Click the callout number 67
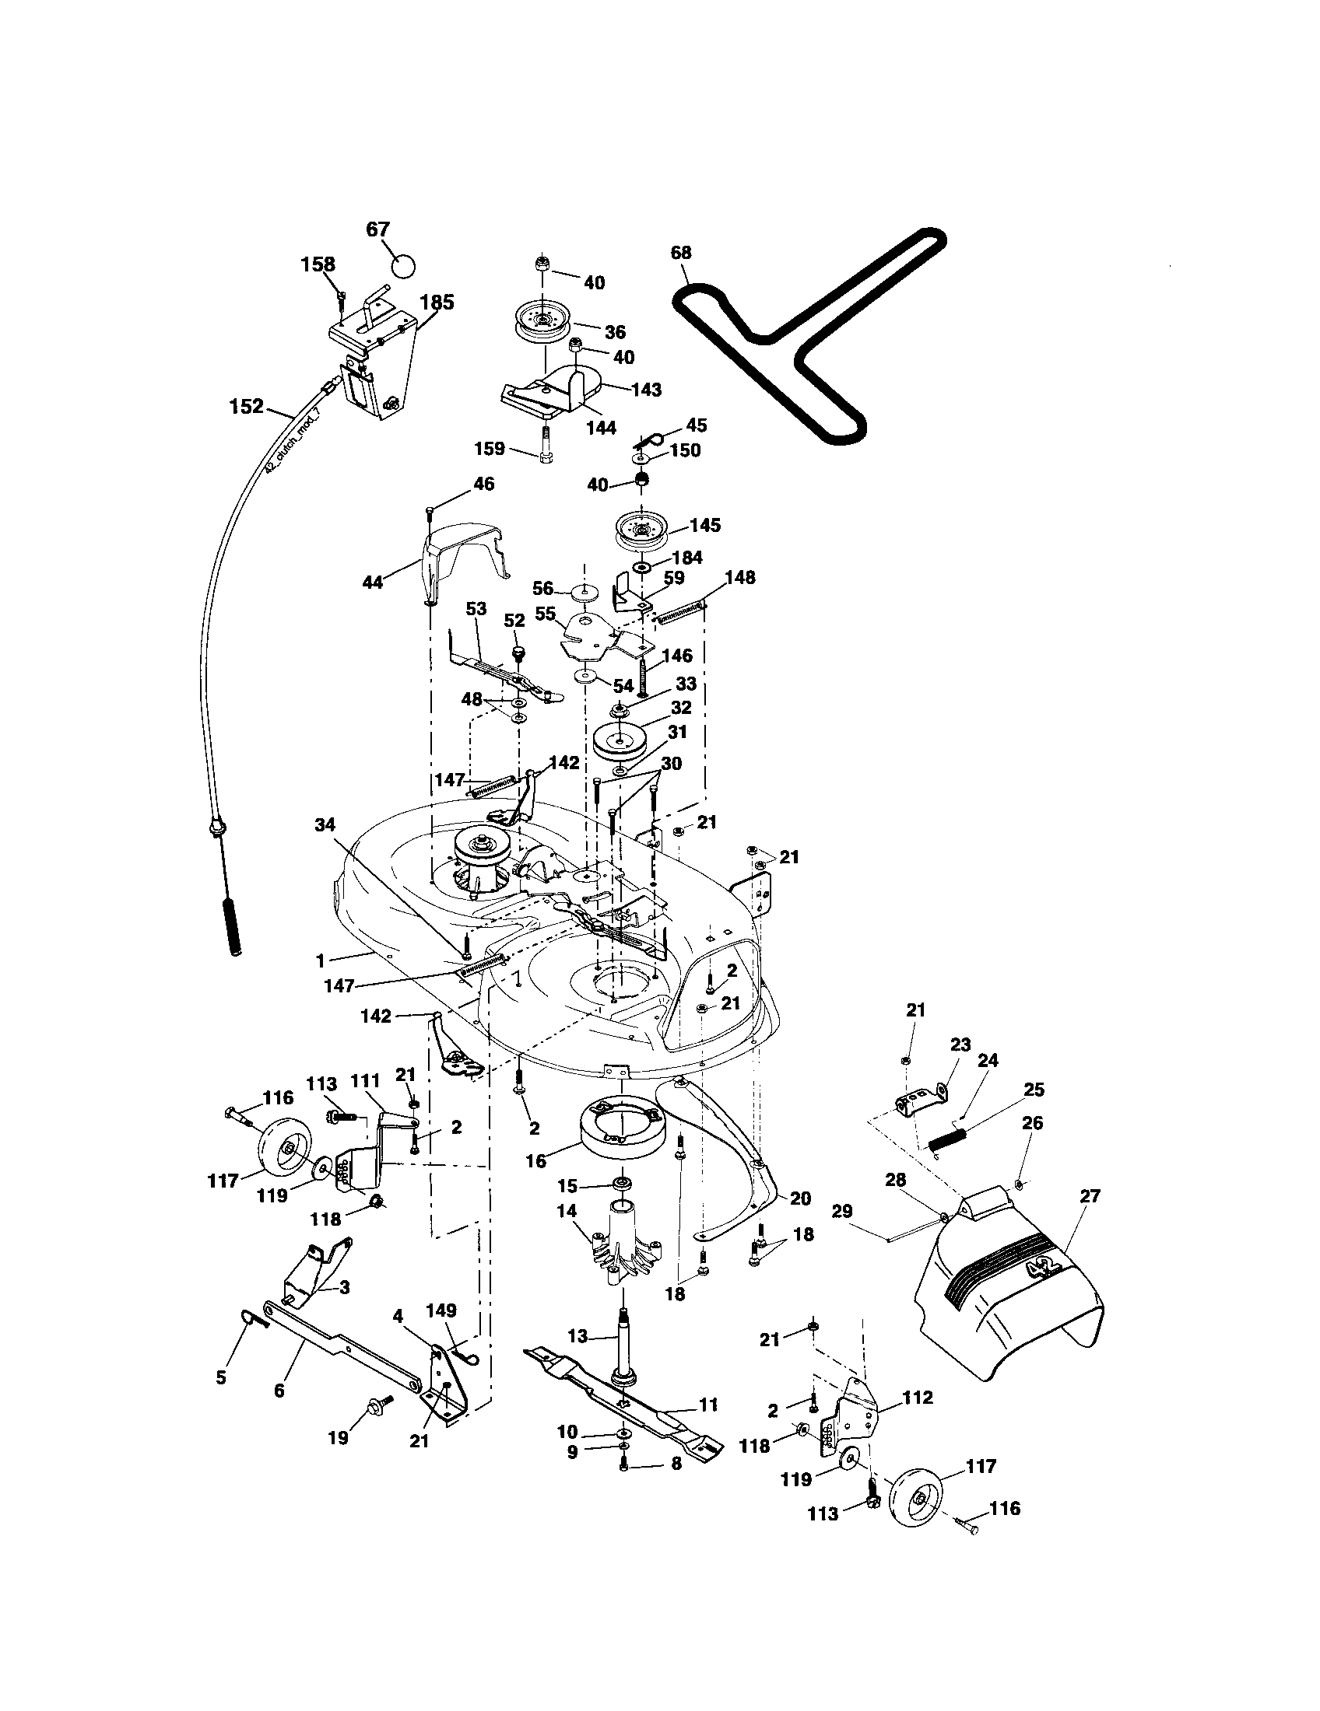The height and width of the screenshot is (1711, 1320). point(377,229)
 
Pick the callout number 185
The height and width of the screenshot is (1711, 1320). point(437,303)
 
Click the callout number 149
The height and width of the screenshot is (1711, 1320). point(441,1310)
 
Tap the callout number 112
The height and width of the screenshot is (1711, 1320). point(918,1397)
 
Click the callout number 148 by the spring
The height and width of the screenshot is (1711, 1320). point(739,577)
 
